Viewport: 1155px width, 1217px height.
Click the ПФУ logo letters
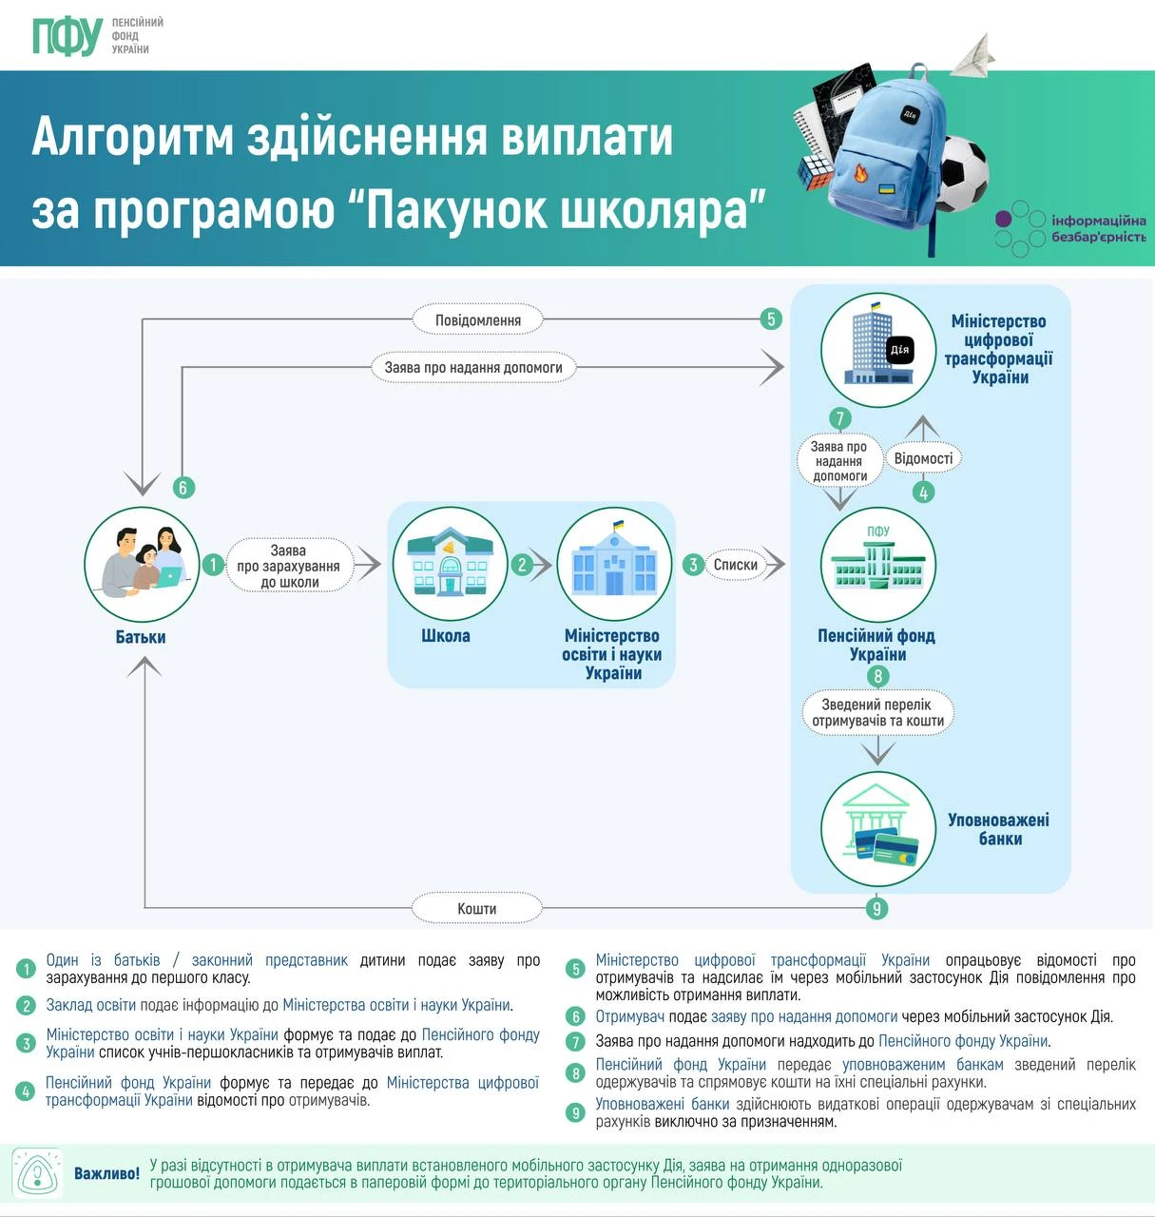pos(67,36)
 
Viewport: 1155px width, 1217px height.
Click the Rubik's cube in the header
pos(817,171)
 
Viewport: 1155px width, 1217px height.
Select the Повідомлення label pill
pos(477,320)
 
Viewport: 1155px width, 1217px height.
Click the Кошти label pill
pos(476,908)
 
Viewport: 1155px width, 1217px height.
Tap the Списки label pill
pos(736,565)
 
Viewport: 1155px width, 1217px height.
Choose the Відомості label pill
pos(923,458)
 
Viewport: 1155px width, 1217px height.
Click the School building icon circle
pos(450,564)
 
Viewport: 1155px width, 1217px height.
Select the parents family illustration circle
pos(142,564)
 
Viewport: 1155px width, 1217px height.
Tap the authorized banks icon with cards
pos(877,829)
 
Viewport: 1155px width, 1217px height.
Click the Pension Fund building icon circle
pos(877,565)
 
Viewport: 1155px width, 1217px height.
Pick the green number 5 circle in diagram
pos(771,319)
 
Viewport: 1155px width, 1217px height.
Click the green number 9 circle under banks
pos(876,908)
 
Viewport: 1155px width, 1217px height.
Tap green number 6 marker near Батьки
pos(183,487)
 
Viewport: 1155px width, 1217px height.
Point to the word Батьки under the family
pos(141,637)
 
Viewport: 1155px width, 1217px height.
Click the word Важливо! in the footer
pos(106,1173)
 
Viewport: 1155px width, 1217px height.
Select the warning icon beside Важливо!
pos(38,1173)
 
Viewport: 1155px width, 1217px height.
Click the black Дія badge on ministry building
pos(900,350)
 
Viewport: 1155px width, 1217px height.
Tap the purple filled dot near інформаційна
pos(1003,219)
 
